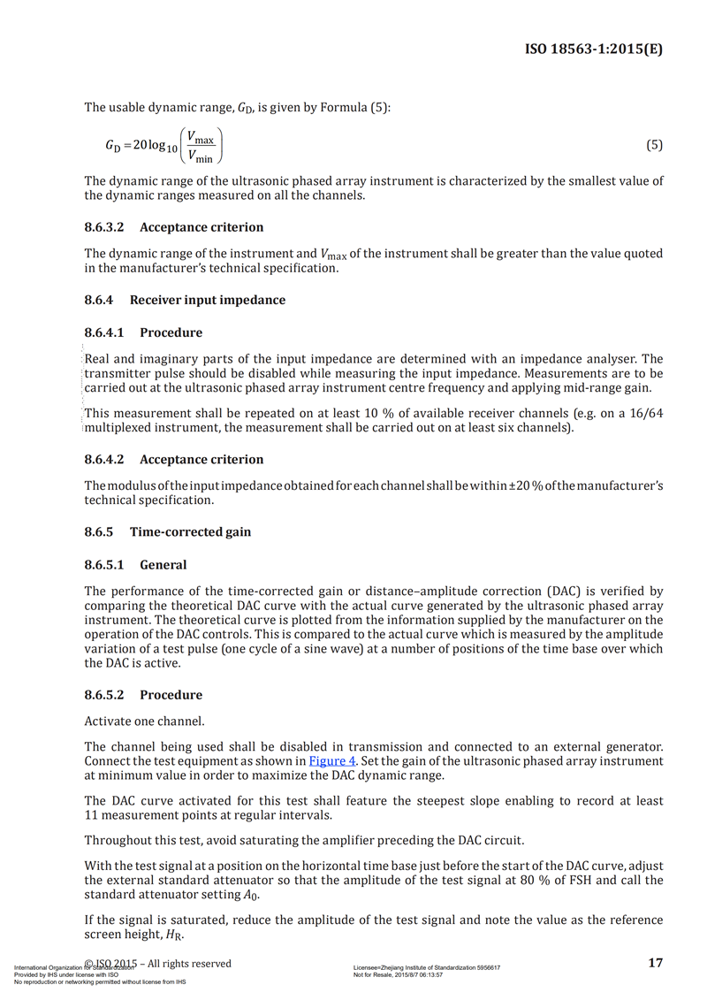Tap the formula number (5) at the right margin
(654, 145)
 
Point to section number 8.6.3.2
(105, 227)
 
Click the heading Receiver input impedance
(208, 300)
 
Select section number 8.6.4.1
(105, 332)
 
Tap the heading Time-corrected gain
(190, 531)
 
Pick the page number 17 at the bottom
(655, 963)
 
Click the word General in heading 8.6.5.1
(163, 564)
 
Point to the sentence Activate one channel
(134, 721)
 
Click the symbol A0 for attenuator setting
(253, 894)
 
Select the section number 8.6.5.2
(105, 695)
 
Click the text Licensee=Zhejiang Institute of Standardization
(427, 968)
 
